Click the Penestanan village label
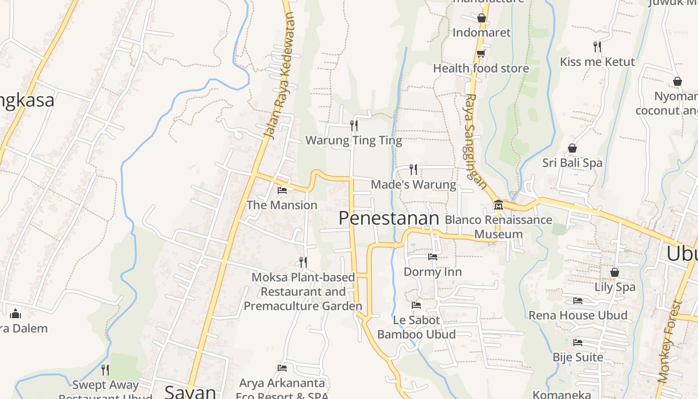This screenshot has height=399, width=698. (388, 218)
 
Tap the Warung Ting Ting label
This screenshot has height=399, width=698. (353, 141)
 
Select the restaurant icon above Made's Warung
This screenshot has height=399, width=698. (413, 170)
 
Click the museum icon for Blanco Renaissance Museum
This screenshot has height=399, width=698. (498, 204)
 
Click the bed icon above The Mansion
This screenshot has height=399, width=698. (282, 190)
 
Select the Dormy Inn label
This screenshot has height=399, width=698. (432, 272)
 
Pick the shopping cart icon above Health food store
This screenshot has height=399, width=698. (481, 54)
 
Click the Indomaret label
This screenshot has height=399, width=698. (481, 33)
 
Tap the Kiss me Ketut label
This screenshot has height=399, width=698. (597, 62)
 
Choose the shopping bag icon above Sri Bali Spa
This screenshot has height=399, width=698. (572, 148)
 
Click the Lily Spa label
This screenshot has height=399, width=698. (615, 287)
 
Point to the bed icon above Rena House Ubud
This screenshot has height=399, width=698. (578, 301)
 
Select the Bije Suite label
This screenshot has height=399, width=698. (578, 357)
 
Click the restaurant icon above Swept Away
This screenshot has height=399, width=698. (105, 370)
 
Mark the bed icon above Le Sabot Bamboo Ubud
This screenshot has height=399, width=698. (416, 305)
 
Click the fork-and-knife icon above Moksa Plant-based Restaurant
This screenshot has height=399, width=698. (303, 262)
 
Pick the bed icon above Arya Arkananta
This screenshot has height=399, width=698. (282, 368)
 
